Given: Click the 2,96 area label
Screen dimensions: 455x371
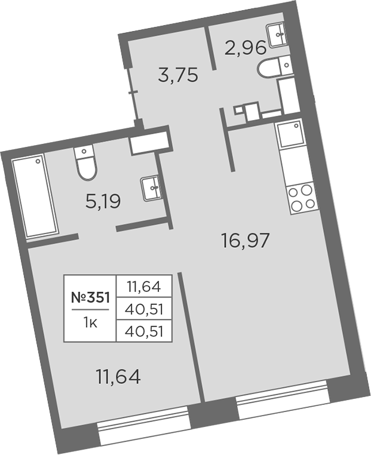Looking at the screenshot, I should click(x=244, y=48).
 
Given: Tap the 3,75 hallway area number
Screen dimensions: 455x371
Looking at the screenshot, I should click(x=177, y=76).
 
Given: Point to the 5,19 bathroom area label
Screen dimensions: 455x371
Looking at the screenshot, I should click(x=103, y=202).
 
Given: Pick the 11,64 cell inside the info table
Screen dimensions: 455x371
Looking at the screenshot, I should click(x=144, y=286).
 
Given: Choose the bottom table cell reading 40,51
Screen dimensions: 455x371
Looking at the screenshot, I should click(x=144, y=330).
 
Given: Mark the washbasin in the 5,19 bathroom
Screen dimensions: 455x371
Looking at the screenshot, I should click(x=151, y=189).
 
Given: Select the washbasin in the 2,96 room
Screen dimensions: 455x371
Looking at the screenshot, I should click(x=278, y=35).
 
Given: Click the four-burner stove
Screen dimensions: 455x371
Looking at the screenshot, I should click(x=301, y=197).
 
